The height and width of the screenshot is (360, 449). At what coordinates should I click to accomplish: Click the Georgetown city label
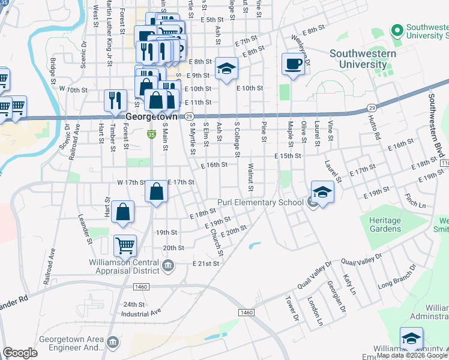(152, 117)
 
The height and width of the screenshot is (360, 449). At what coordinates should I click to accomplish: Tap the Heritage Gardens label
(385, 224)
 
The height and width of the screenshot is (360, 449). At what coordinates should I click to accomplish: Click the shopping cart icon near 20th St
(125, 245)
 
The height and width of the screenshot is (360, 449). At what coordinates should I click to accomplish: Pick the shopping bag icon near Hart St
(122, 213)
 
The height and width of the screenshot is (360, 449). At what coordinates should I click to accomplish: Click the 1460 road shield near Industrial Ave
(246, 313)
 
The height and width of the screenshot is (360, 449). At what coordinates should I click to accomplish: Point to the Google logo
(20, 353)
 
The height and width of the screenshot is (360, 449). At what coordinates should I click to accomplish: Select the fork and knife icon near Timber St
(115, 101)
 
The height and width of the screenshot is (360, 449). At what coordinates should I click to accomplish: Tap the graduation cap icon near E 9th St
(226, 69)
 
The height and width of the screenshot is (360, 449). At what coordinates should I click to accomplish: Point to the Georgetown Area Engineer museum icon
(112, 342)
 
